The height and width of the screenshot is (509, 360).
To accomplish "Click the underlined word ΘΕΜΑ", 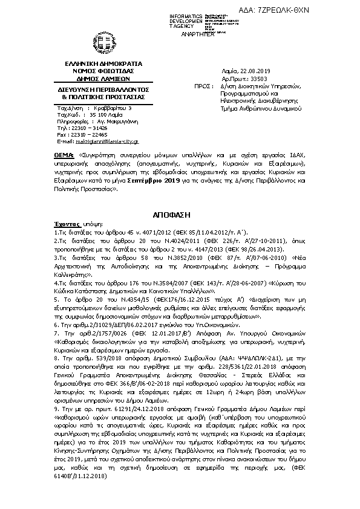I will pyautogui.click(x=63, y=157).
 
